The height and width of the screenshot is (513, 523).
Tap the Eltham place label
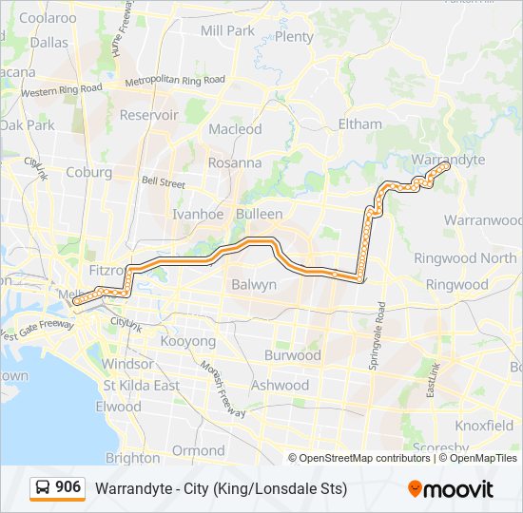[360, 124]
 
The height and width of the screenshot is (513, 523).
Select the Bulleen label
[260, 215]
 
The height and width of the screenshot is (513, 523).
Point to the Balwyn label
[254, 284]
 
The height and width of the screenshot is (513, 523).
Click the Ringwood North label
[465, 258]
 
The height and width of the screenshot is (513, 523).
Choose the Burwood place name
[292, 355]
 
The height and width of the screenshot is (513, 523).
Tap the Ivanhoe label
[198, 214]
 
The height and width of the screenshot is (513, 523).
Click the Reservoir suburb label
[149, 115]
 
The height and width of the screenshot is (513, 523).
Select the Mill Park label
[228, 30]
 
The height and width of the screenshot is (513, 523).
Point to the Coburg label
[89, 173]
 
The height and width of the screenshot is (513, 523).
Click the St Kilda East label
[141, 386]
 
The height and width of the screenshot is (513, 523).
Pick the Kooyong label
[188, 341]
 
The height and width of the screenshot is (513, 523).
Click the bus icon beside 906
[43, 488]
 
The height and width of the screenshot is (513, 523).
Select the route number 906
[68, 487]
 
